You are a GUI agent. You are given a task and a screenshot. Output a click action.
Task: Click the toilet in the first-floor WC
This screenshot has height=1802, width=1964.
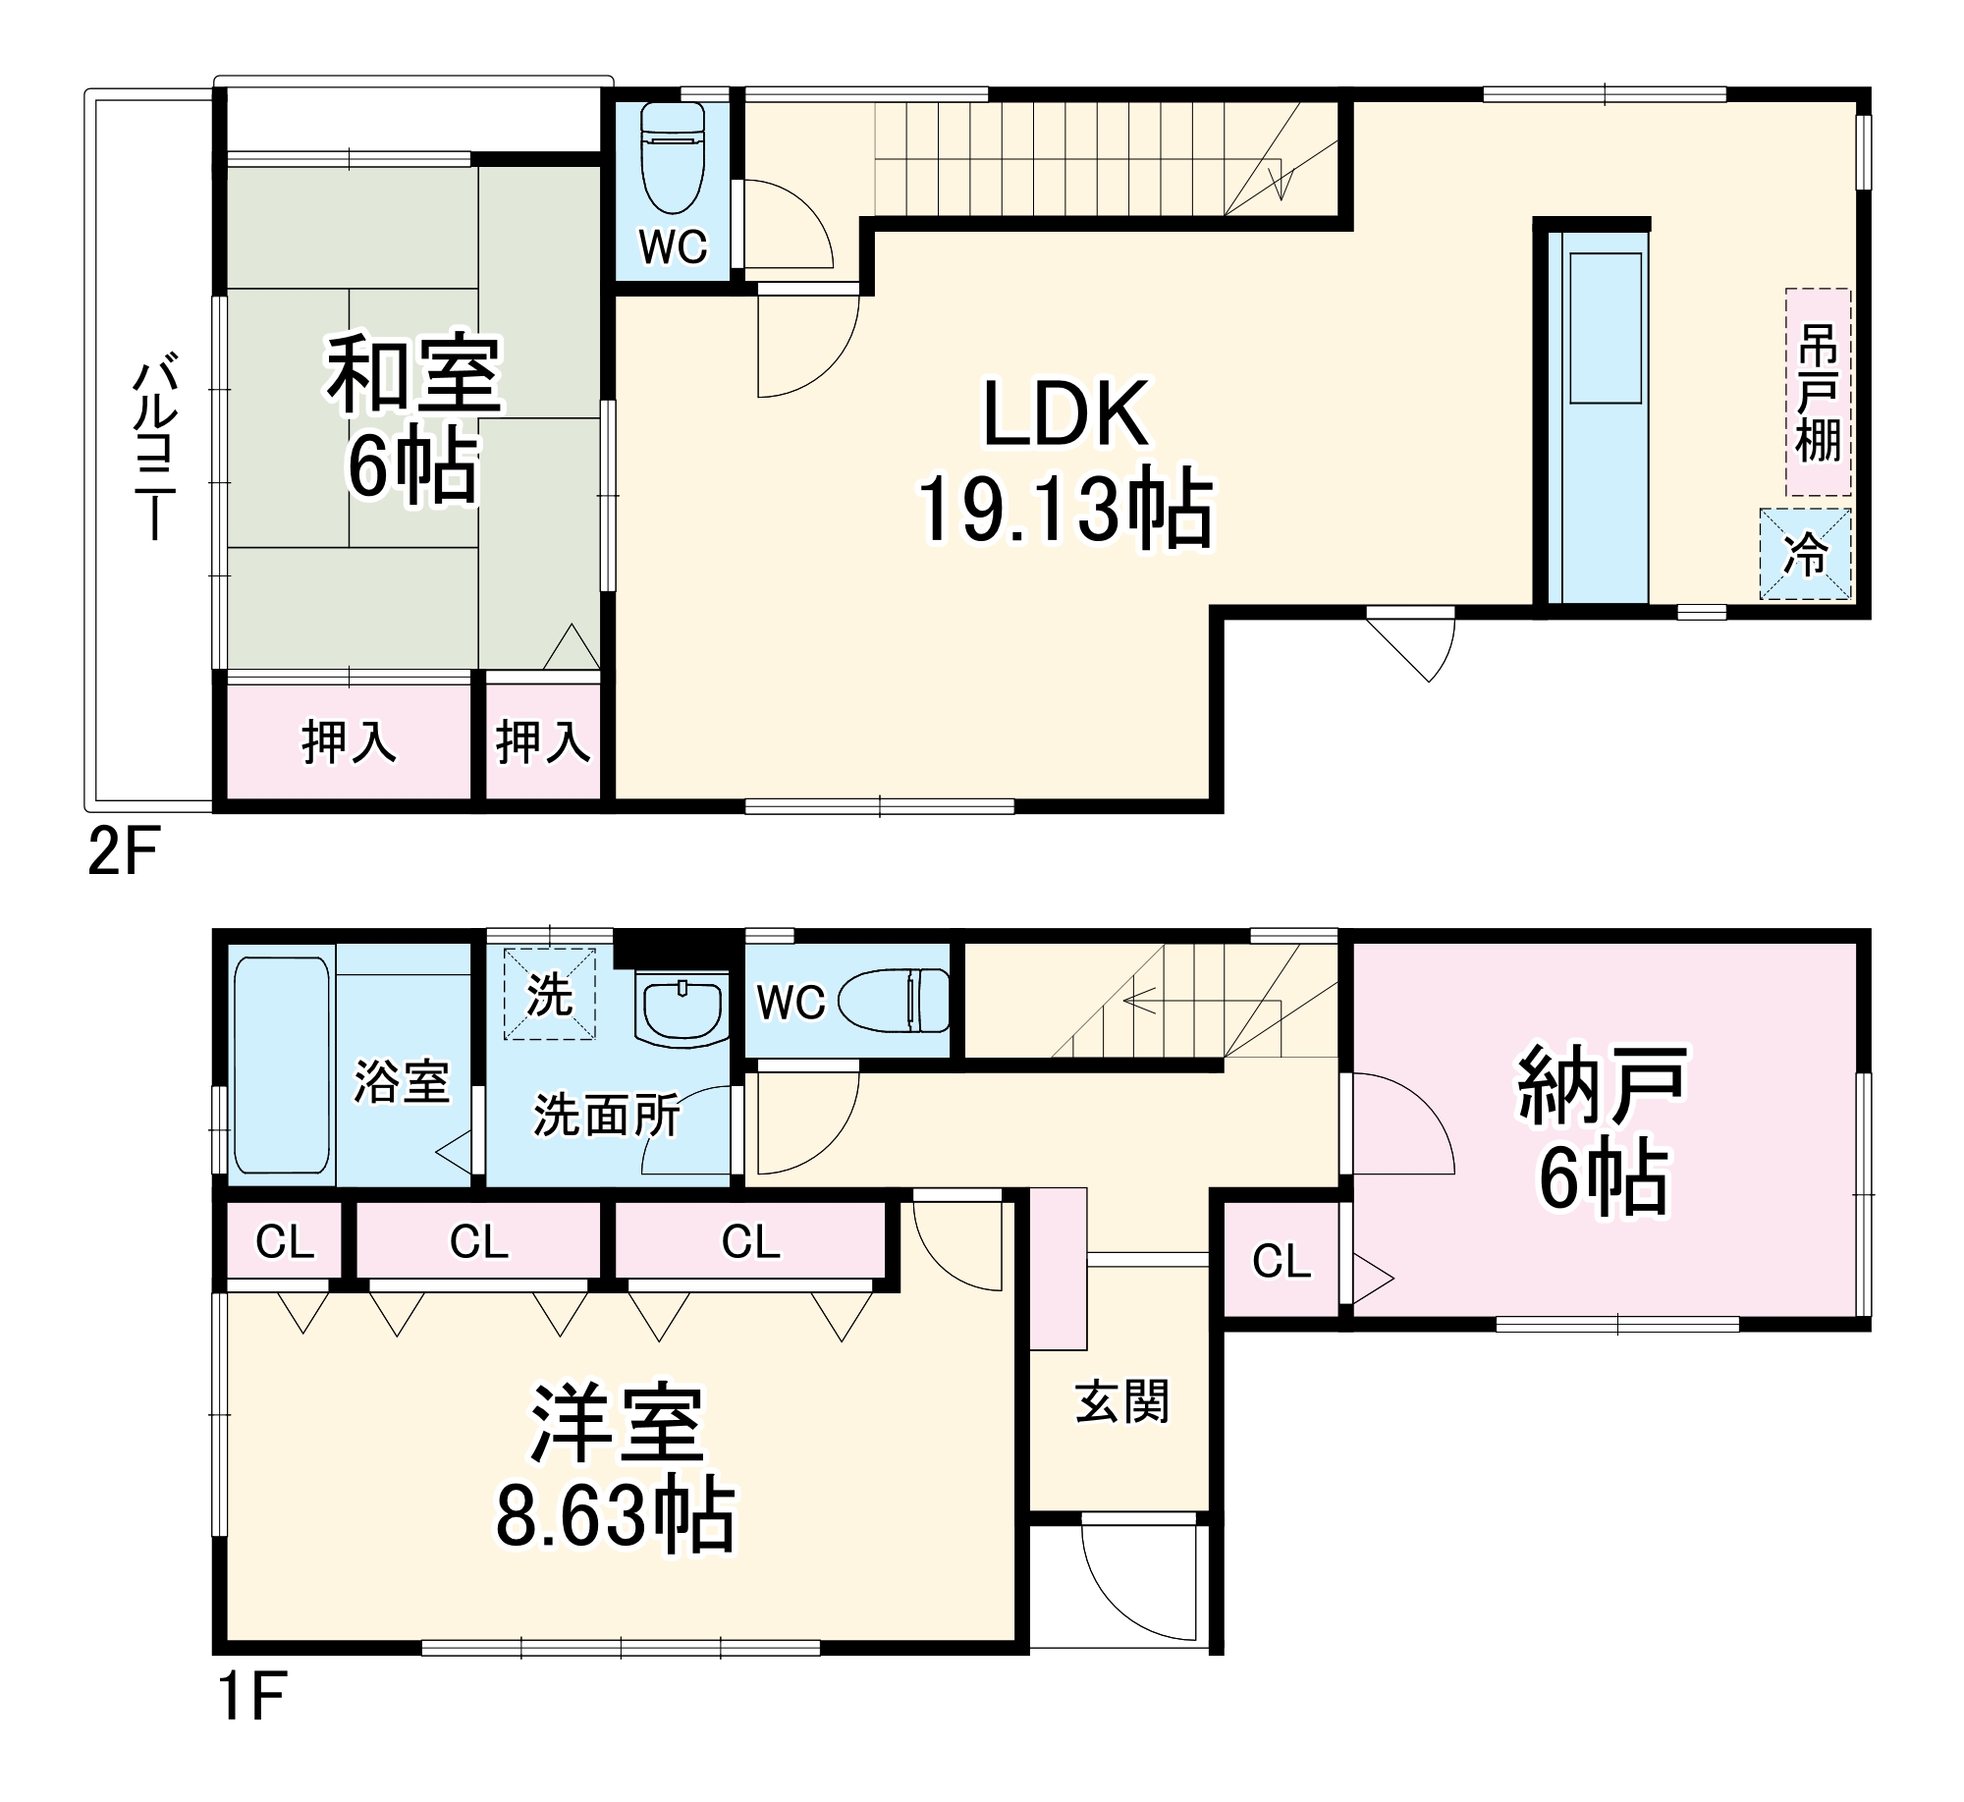(896, 1002)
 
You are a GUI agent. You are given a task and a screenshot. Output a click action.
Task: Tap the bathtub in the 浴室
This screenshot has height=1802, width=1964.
(282, 1065)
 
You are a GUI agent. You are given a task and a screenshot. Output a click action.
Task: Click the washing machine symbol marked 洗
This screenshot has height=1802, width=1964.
(549, 994)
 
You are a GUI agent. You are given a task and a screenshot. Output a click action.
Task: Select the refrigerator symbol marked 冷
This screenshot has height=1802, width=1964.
(1805, 554)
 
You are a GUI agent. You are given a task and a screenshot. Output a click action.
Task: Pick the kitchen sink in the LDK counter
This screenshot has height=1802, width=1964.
(1606, 327)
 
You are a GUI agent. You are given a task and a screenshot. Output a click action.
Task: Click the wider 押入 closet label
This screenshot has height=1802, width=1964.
(349, 741)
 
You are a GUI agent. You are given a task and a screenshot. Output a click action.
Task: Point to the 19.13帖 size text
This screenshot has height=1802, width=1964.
(1065, 509)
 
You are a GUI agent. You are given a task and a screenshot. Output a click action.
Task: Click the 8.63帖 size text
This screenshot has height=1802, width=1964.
(616, 1516)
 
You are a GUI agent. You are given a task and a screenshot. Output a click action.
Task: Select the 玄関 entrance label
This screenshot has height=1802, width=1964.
(1122, 1401)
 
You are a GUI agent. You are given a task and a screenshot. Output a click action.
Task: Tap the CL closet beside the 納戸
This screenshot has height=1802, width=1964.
(1281, 1261)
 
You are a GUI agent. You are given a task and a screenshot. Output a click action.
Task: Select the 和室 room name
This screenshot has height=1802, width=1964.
(413, 374)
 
